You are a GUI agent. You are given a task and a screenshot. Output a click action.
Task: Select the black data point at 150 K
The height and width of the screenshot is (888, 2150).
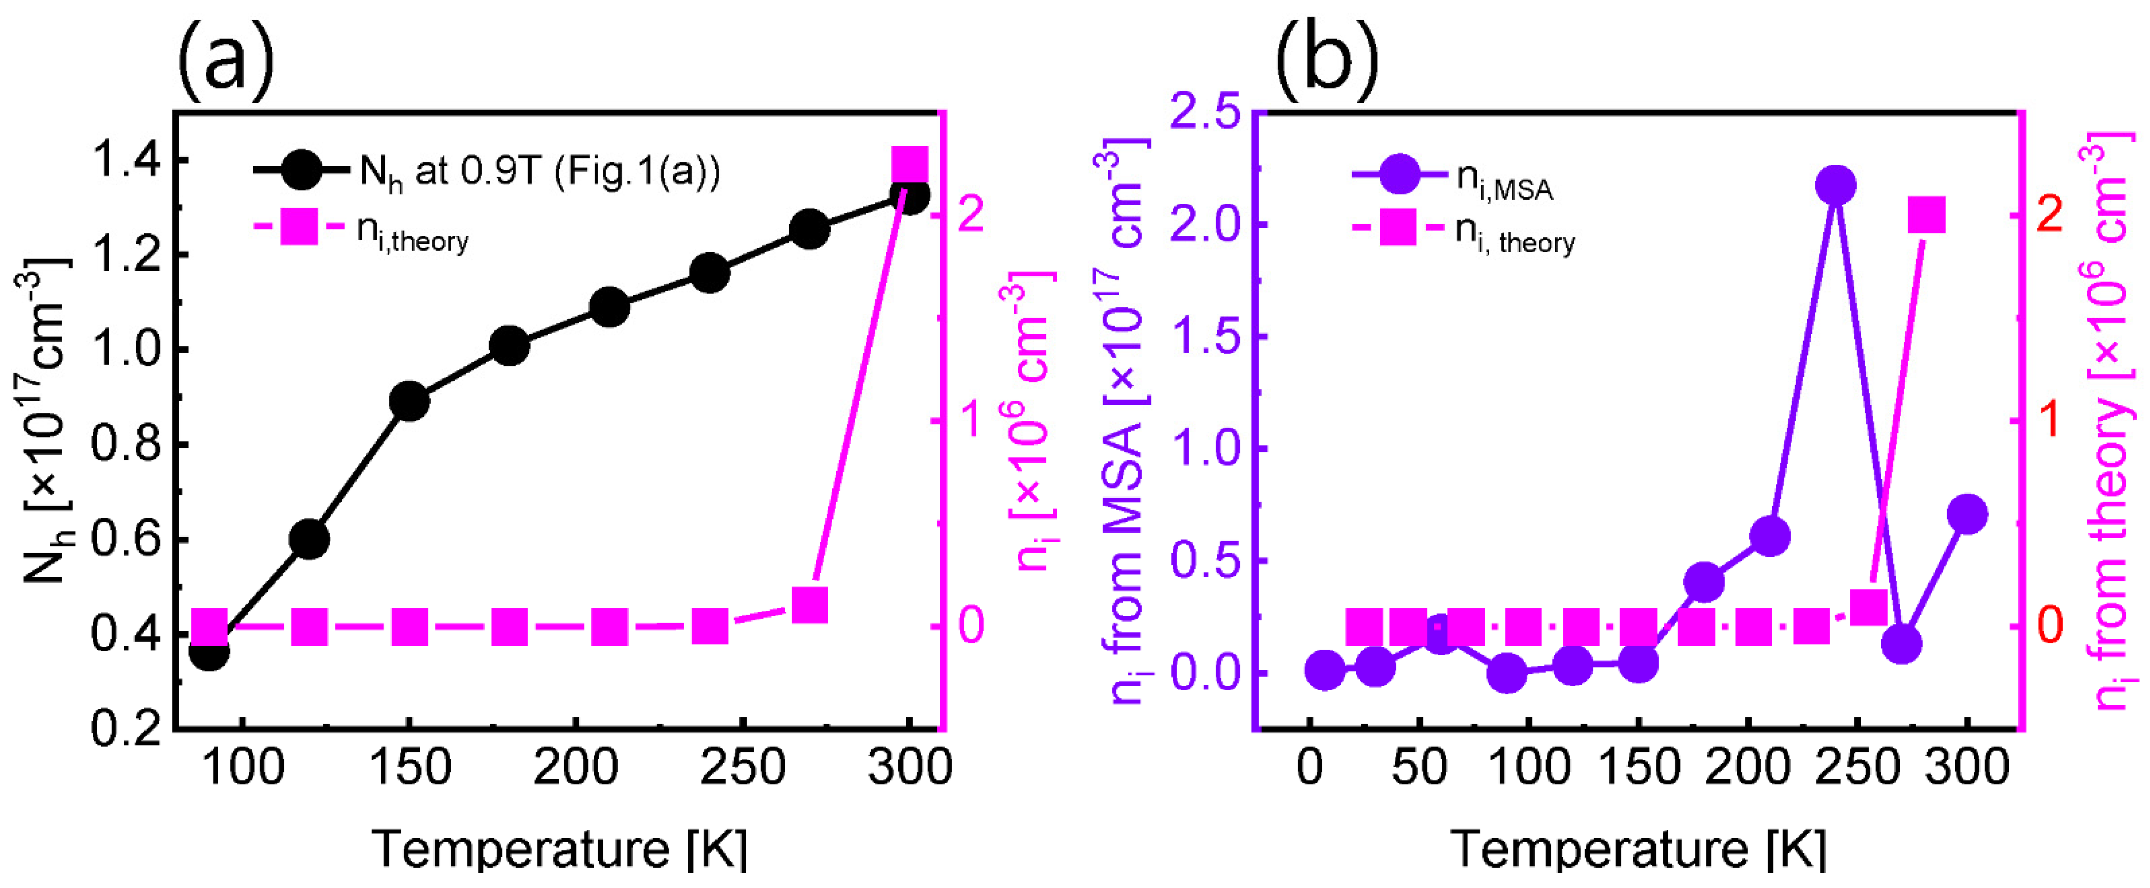coord(409,402)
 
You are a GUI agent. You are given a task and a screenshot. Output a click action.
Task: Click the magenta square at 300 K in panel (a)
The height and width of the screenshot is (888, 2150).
coord(910,164)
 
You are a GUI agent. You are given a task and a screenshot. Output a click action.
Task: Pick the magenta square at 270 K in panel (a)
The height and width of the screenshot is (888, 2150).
coord(809,605)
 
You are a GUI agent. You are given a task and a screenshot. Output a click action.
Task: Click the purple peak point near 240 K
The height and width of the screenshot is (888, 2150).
coord(1835,185)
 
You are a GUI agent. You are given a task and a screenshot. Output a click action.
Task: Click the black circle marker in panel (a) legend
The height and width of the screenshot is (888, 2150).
coord(301,170)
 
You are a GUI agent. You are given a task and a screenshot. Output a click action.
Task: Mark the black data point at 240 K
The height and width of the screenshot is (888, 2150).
coord(709,273)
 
